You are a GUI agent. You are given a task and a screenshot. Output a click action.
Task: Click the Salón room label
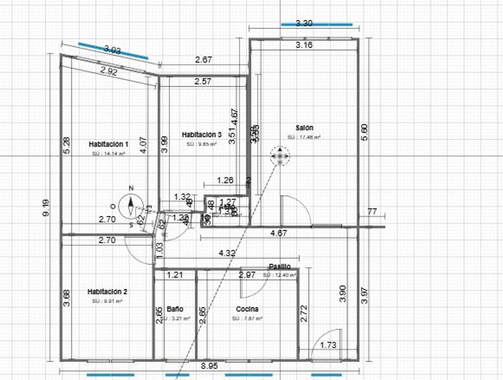pyautogui.click(x=304, y=128)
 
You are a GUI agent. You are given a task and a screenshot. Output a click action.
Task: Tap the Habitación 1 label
pyautogui.click(x=108, y=144)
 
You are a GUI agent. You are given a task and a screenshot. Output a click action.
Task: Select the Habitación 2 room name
pyautogui.click(x=107, y=292)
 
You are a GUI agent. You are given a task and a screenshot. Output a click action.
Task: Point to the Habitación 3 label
pyautogui.click(x=202, y=135)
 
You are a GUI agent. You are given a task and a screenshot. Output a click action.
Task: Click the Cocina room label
pyautogui.click(x=247, y=309)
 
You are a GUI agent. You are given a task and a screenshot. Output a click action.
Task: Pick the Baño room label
pyautogui.click(x=175, y=309)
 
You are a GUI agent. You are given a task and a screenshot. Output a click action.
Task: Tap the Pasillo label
pyautogui.click(x=280, y=266)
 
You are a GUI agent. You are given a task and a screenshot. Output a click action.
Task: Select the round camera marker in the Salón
pyautogui.click(x=280, y=156)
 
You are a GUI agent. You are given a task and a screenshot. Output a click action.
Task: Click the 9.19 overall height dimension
pyautogui.click(x=46, y=208)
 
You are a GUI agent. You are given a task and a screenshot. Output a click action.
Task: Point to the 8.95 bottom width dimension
pyautogui.click(x=209, y=366)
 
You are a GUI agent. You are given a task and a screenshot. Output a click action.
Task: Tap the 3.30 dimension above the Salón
pyautogui.click(x=304, y=23)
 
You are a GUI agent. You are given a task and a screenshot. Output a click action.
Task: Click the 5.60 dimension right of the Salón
pyautogui.click(x=365, y=132)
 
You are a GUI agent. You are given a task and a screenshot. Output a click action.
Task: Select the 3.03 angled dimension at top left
pyautogui.click(x=112, y=50)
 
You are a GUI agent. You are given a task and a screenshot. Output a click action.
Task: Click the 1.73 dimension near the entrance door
pyautogui.click(x=328, y=345)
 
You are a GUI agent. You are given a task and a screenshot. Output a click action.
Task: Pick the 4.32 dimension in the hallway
pyautogui.click(x=227, y=253)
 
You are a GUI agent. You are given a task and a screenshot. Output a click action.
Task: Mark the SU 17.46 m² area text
pyautogui.click(x=304, y=137)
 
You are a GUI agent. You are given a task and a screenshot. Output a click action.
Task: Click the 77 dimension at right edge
pyautogui.click(x=372, y=211)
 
